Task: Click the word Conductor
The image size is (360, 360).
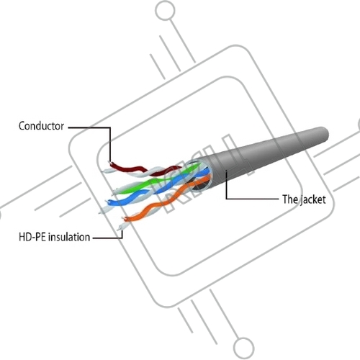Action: [x=41, y=126]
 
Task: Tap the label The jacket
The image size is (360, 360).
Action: [x=304, y=199]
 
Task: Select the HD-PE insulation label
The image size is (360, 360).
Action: [x=55, y=237]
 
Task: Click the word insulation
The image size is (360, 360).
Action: [x=69, y=237]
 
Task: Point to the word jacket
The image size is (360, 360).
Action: [x=313, y=200]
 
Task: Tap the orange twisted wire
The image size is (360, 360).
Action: [x=166, y=200]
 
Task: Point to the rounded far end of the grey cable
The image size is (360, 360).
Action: [x=324, y=135]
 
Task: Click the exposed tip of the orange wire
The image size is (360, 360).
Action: [x=125, y=219]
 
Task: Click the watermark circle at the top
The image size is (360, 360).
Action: [x=165, y=11]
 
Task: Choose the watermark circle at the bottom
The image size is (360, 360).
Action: [x=243, y=348]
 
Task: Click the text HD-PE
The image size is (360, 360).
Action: [x=32, y=237]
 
